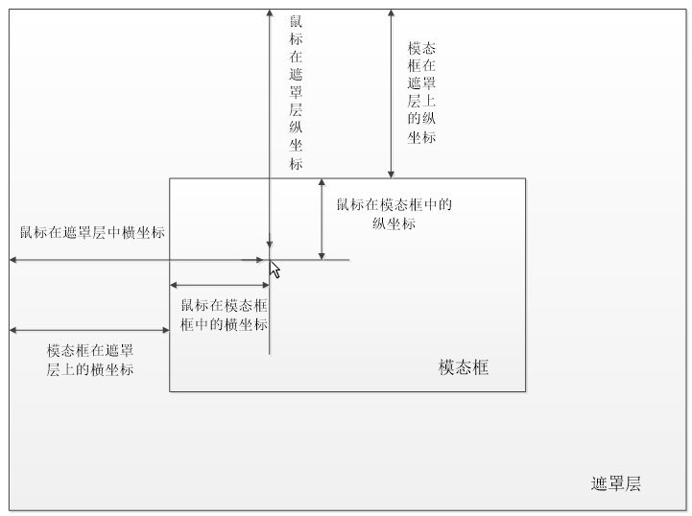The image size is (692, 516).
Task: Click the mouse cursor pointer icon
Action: point(274,270)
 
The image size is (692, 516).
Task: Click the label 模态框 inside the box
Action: point(464,367)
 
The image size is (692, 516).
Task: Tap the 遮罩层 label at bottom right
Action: point(615,483)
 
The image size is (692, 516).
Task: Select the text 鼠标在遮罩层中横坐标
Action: point(91,232)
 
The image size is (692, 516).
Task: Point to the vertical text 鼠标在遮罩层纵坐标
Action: point(296,92)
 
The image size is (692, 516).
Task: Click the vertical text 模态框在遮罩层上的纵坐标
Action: point(421,92)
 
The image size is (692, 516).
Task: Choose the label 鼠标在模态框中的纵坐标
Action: point(394,214)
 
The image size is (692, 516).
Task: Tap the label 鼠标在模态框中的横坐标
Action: point(224,315)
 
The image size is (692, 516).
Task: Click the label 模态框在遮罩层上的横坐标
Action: point(90,360)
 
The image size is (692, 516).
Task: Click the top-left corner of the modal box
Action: point(170,178)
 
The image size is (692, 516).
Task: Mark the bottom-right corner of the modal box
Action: point(525,391)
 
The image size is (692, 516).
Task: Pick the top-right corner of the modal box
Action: point(525,178)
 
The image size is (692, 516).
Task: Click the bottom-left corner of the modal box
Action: point(170,391)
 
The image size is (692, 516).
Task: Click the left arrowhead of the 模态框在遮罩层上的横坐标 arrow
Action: point(12,331)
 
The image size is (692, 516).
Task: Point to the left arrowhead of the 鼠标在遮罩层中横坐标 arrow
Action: point(12,260)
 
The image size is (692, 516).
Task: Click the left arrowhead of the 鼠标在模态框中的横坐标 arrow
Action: point(174,285)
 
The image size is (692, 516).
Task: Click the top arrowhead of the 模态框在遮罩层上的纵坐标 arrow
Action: point(391,13)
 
